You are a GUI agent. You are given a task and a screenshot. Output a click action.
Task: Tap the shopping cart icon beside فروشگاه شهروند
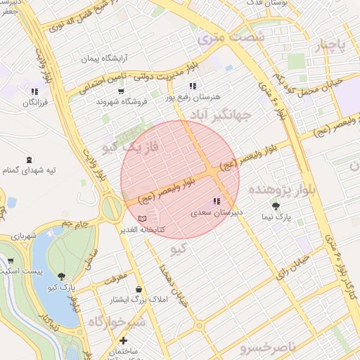[x=121, y=91]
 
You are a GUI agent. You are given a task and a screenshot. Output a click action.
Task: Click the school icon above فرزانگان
[x=34, y=91]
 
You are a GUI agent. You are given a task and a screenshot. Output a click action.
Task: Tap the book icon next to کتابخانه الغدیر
[x=143, y=219]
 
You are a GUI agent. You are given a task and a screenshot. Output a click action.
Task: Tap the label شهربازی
[x=22, y=238]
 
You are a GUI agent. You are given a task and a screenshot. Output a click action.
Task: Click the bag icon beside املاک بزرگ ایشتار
[x=139, y=290]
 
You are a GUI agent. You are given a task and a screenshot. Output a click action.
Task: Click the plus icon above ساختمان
[x=123, y=341]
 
